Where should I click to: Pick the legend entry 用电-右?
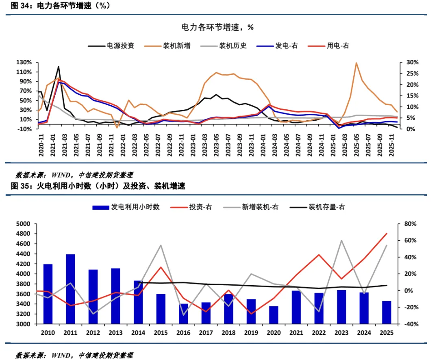338,46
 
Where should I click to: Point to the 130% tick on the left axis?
24,63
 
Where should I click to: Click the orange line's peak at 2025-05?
356,63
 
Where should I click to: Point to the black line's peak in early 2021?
59,67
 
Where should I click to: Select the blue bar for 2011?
71,289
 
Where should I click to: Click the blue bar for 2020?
274,315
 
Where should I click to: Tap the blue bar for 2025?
386,312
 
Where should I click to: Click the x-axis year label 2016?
183,333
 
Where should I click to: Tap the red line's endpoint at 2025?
386,234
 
